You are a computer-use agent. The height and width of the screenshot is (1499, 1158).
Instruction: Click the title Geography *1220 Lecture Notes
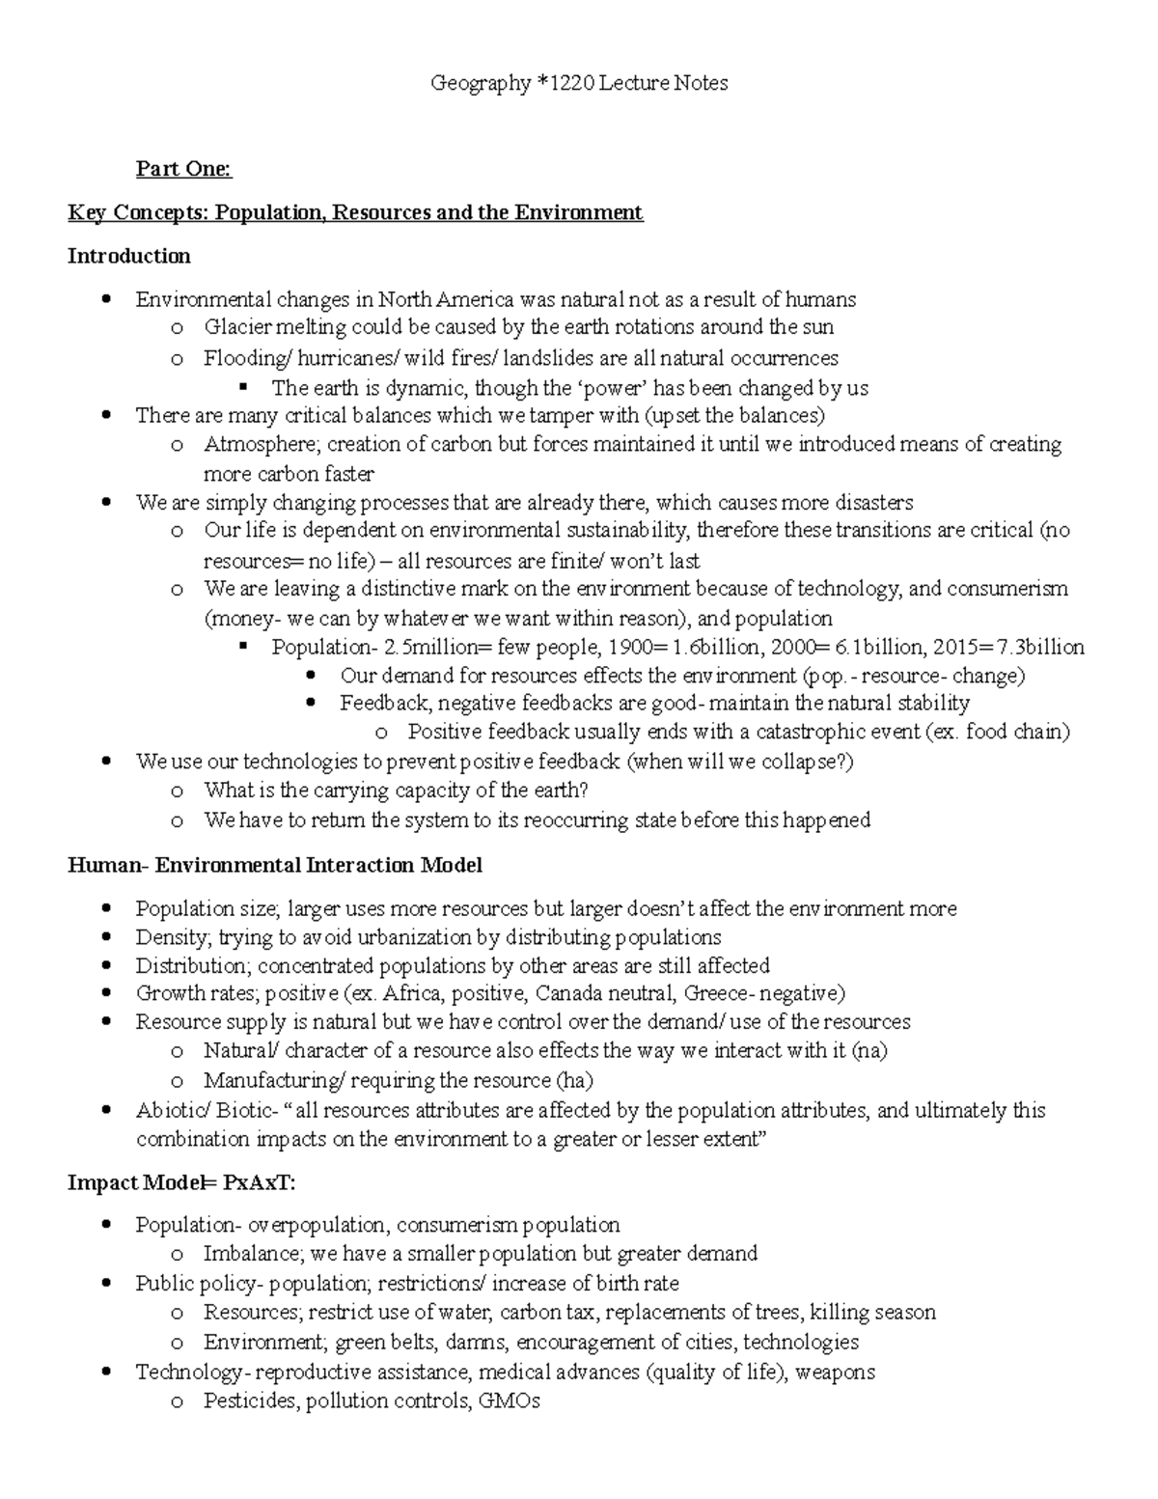tap(579, 84)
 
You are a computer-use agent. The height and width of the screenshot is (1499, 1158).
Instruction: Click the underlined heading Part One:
tap(183, 170)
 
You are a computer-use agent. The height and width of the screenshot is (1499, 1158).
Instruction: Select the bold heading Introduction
tap(128, 256)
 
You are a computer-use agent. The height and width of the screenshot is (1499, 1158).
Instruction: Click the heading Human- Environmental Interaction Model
tap(275, 865)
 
